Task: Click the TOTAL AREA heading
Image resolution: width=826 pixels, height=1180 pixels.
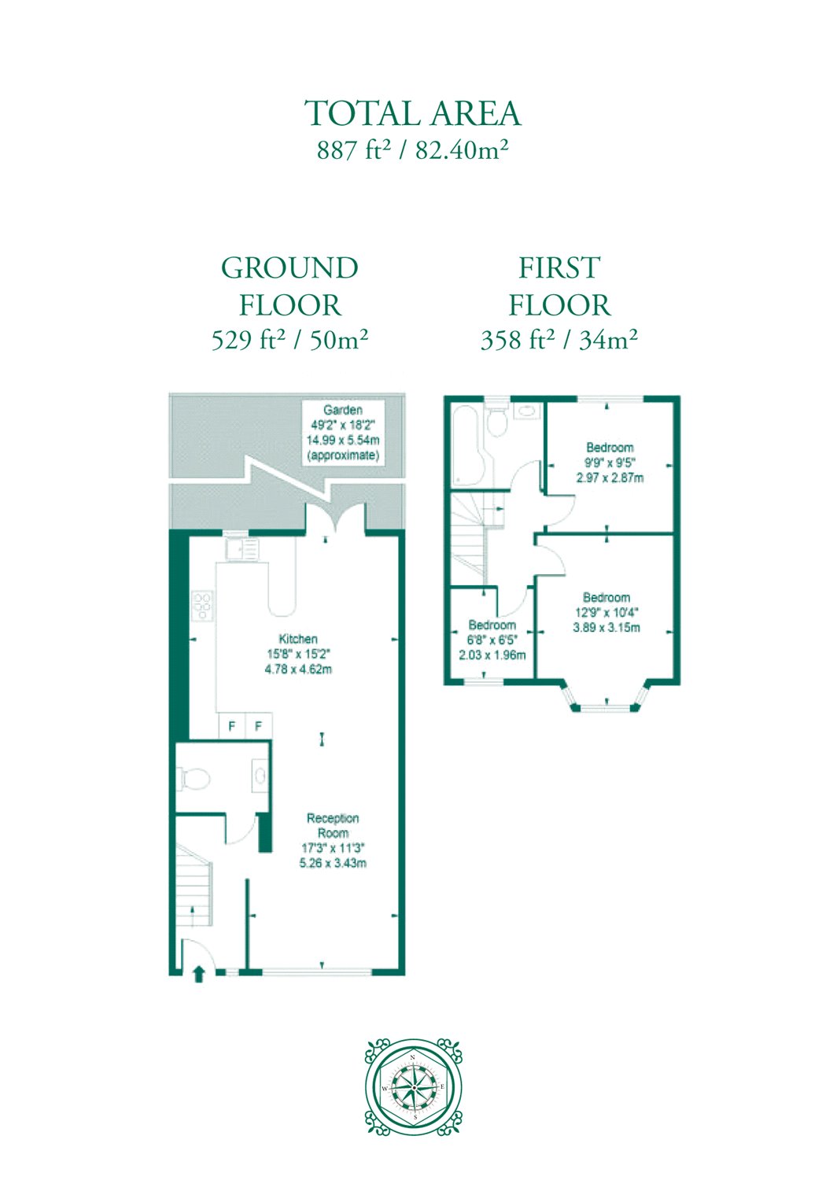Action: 413,112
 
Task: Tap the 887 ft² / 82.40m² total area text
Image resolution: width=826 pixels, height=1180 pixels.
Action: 413,151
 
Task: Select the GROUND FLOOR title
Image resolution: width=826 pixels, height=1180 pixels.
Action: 290,286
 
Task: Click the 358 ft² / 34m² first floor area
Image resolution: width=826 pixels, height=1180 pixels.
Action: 559,341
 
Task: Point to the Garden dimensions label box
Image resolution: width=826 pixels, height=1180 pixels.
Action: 343,432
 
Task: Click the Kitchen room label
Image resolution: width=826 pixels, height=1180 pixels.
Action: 298,654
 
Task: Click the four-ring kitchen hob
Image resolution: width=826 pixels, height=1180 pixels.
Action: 204,607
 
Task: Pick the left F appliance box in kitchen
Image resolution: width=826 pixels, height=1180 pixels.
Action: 232,726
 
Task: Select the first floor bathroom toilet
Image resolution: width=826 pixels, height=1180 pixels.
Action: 496,419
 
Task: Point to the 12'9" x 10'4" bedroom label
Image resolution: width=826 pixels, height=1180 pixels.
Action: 607,613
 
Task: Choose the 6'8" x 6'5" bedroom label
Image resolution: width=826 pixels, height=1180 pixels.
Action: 492,640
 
